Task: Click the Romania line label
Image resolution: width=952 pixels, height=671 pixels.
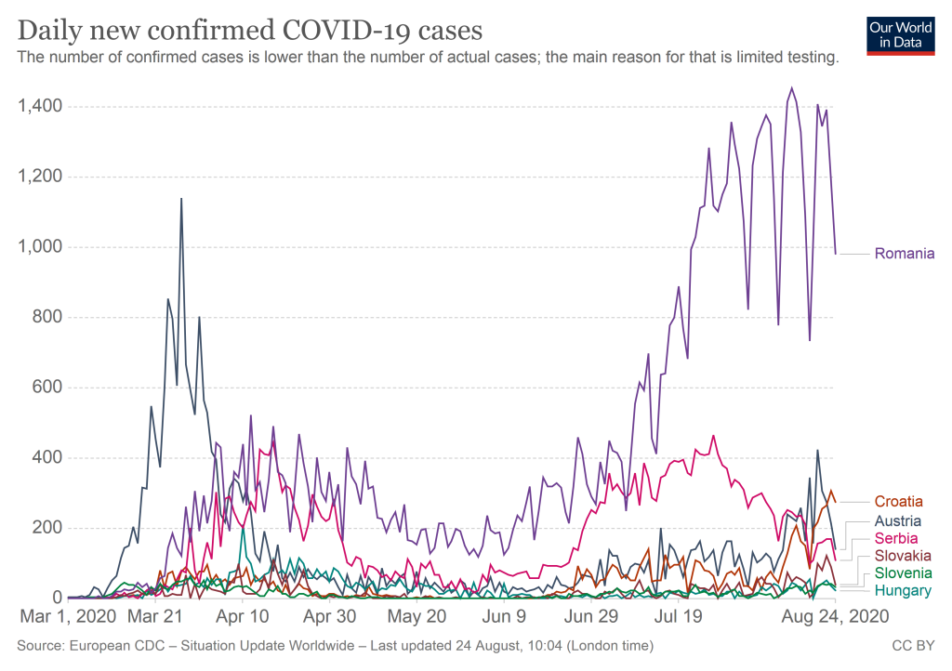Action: [905, 254]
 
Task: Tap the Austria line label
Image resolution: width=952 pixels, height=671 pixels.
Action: [899, 520]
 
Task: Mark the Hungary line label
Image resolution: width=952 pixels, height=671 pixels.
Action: [903, 590]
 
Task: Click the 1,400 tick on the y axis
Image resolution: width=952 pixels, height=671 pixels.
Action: [40, 107]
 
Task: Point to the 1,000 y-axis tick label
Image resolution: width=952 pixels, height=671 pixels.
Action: [40, 247]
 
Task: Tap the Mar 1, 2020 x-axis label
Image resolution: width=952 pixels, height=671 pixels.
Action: [68, 615]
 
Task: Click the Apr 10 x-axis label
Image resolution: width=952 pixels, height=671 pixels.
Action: [242, 615]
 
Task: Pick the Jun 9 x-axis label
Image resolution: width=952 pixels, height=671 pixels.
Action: [503, 615]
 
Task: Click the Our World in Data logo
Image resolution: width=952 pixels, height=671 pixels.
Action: [900, 34]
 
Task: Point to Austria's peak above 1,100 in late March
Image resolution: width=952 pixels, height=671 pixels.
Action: [181, 199]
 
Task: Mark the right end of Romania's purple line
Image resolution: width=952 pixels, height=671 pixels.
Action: [836, 254]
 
